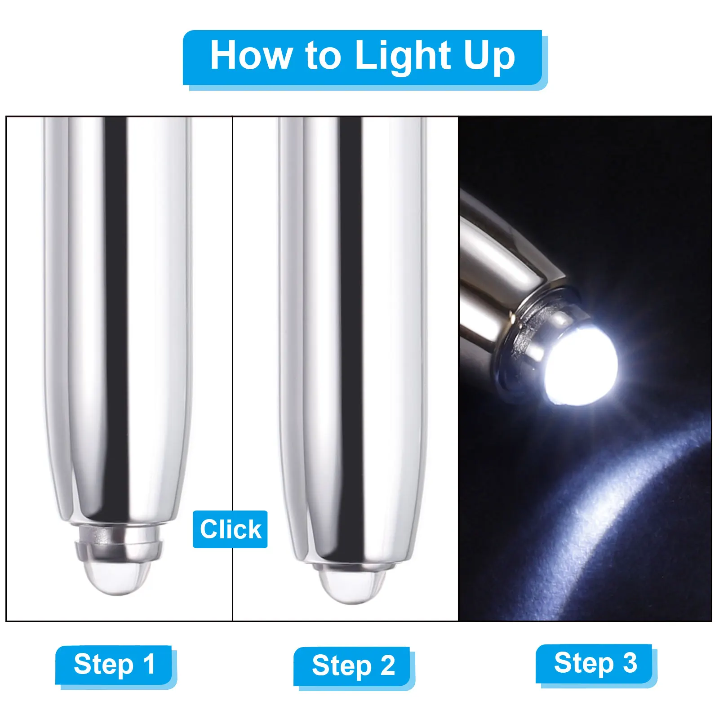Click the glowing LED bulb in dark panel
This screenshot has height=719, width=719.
point(582,366)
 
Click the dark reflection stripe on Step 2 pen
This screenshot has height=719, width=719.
point(350,315)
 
